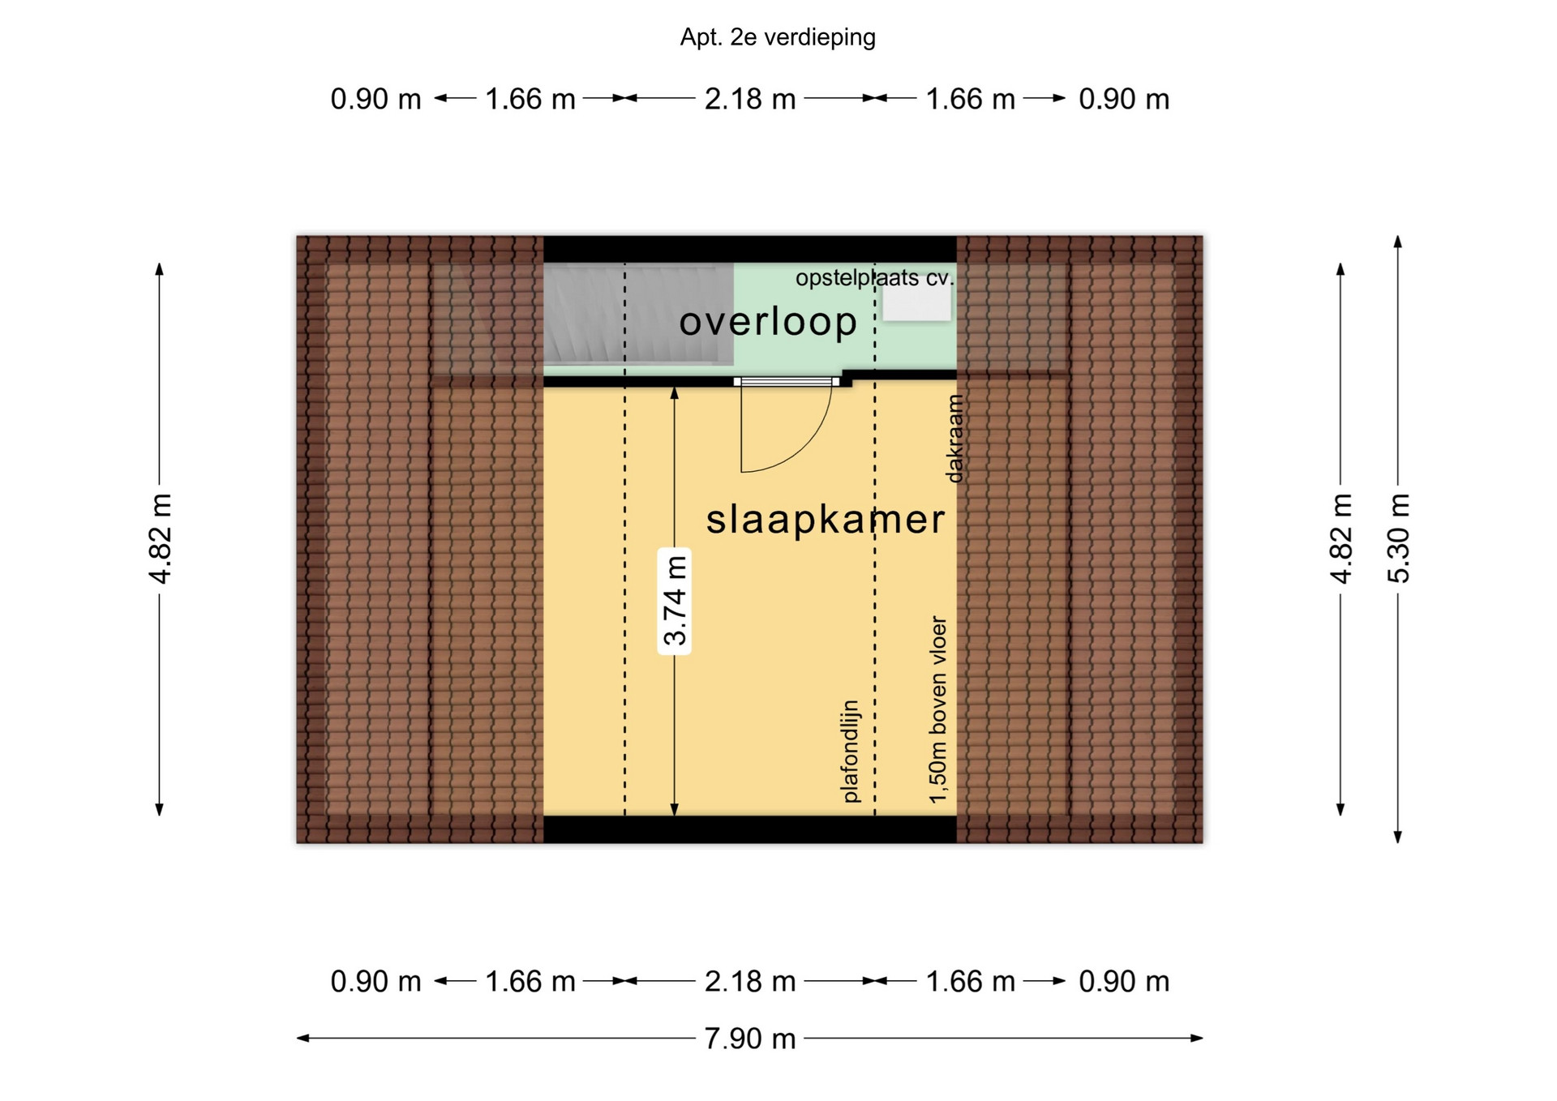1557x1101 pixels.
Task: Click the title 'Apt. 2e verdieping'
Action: click(x=778, y=37)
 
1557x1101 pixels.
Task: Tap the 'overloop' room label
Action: click(x=768, y=321)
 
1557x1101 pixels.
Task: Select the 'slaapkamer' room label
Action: click(x=826, y=519)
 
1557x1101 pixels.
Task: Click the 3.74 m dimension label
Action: click(x=675, y=601)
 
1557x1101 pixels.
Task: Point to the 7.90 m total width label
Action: click(x=749, y=1038)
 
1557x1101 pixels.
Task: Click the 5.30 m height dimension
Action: click(x=1398, y=538)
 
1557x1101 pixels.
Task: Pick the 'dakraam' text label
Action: click(x=955, y=439)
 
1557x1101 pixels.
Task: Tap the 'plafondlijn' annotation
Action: click(x=850, y=752)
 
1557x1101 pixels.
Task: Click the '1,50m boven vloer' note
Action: click(x=937, y=710)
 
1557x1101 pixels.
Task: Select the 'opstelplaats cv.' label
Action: click(x=874, y=278)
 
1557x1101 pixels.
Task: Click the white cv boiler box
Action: click(x=916, y=303)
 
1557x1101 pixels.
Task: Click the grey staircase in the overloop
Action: click(x=638, y=314)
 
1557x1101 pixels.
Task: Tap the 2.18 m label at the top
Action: click(x=749, y=99)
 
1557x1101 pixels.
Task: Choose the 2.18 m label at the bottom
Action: click(x=749, y=982)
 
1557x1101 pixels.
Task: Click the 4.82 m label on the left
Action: click(x=160, y=538)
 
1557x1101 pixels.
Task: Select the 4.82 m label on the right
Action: click(x=1341, y=538)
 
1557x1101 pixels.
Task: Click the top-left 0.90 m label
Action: click(x=375, y=99)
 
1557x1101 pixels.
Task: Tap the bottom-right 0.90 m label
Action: click(x=1124, y=982)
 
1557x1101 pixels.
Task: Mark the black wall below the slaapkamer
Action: click(x=750, y=829)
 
